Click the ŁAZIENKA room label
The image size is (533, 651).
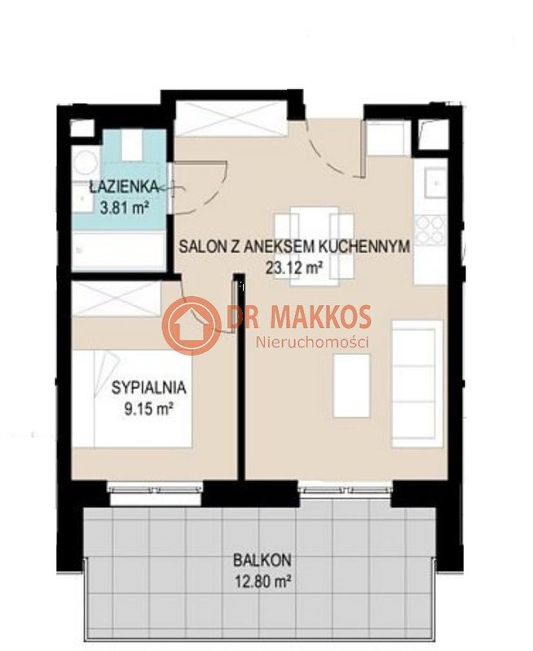click(x=124, y=187)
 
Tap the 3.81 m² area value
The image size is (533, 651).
click(x=125, y=207)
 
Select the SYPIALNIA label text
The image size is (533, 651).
click(x=148, y=388)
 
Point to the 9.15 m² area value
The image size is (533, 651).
click(x=148, y=410)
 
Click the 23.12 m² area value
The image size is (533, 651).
click(x=294, y=268)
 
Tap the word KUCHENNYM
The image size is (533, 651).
click(x=364, y=247)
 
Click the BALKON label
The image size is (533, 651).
click(x=262, y=560)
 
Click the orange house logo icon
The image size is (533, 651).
click(x=192, y=326)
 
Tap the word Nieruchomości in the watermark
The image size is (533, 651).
click(x=312, y=343)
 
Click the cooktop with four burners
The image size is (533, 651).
click(x=430, y=229)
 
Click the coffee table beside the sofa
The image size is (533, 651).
click(x=352, y=386)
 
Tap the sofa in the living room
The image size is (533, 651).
click(x=416, y=383)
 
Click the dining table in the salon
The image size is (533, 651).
click(x=315, y=247)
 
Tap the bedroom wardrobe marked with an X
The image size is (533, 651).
click(x=117, y=299)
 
